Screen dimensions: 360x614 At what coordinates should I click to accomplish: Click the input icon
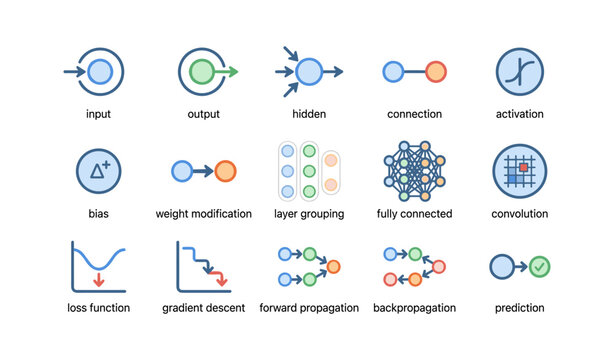(x=98, y=71)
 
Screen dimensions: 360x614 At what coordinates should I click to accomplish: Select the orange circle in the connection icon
(x=435, y=71)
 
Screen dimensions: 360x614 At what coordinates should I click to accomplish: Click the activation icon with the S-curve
(x=520, y=71)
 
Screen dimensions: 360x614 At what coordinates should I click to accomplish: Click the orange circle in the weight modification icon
(x=225, y=171)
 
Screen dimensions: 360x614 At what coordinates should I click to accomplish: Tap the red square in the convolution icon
(x=522, y=169)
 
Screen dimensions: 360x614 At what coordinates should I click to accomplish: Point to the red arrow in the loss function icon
(x=98, y=282)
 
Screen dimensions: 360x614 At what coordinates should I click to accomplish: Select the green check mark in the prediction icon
(x=540, y=266)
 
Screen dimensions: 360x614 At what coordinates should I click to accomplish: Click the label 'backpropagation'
(x=414, y=308)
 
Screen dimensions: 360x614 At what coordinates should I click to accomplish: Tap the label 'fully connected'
(x=414, y=214)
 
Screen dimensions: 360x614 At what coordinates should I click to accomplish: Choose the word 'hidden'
(x=309, y=114)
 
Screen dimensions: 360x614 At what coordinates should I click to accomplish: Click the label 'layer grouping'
(x=309, y=214)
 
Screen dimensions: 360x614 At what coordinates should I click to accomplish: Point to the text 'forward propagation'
(x=309, y=308)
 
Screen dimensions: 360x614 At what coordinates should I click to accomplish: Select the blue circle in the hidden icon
(x=309, y=71)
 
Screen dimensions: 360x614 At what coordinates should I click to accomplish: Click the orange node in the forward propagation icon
(x=334, y=266)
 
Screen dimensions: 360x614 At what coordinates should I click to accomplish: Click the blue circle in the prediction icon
(x=502, y=266)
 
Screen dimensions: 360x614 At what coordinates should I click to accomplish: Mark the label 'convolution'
(x=519, y=214)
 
